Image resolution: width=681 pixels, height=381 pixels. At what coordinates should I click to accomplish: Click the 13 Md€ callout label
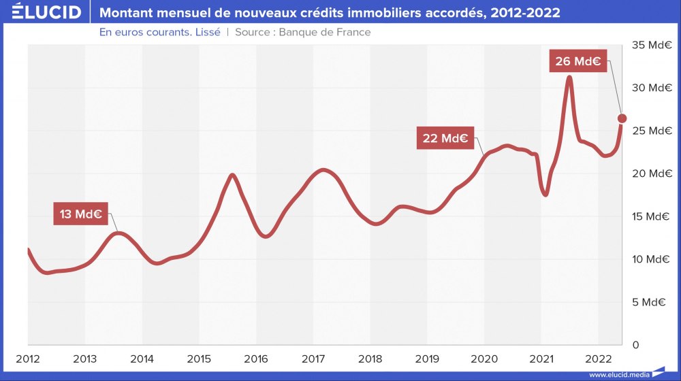(80, 214)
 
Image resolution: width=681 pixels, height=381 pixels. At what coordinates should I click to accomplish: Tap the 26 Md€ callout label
(577, 61)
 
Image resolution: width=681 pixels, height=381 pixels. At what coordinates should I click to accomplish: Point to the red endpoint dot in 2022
(622, 118)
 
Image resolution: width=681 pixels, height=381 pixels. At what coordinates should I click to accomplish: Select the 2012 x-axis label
(28, 359)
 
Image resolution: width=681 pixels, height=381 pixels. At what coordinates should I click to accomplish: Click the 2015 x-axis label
(199, 359)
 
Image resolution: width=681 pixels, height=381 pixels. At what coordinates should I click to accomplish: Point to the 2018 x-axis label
(370, 359)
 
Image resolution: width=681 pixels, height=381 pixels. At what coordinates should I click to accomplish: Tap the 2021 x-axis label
(541, 359)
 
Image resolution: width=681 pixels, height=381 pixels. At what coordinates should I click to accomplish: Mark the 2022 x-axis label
(598, 359)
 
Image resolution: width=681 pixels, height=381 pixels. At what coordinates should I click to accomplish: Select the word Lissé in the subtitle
(207, 32)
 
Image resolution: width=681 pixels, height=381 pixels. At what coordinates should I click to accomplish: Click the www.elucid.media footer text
(618, 375)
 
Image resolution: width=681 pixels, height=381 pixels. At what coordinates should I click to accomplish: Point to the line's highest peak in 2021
(569, 76)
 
